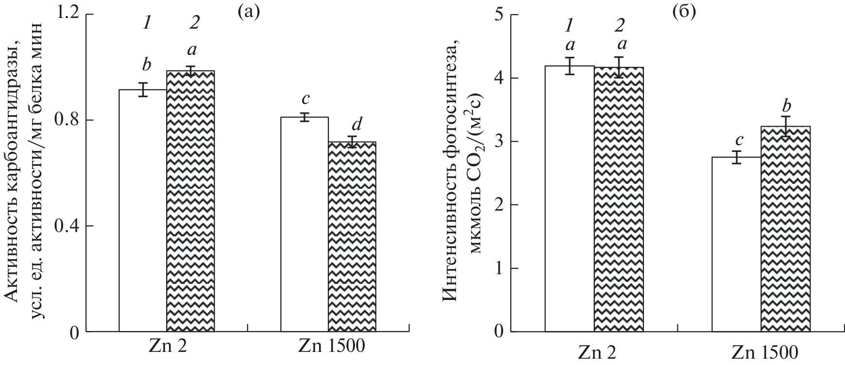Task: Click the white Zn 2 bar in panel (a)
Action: coord(143,211)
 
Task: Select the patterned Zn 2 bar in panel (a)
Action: coord(190,201)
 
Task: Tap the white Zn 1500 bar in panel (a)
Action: coord(304,224)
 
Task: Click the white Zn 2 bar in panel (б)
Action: coord(570,199)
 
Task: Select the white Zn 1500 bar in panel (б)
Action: coord(736,245)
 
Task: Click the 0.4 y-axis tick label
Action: coord(68,226)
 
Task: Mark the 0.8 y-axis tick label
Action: coord(68,120)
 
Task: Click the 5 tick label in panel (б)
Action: coord(499,15)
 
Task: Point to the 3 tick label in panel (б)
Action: coord(499,142)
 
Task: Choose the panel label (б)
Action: coord(683,12)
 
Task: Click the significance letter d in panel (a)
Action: coord(356,125)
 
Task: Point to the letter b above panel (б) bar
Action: coord(785,105)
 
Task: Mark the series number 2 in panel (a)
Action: coord(194,23)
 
